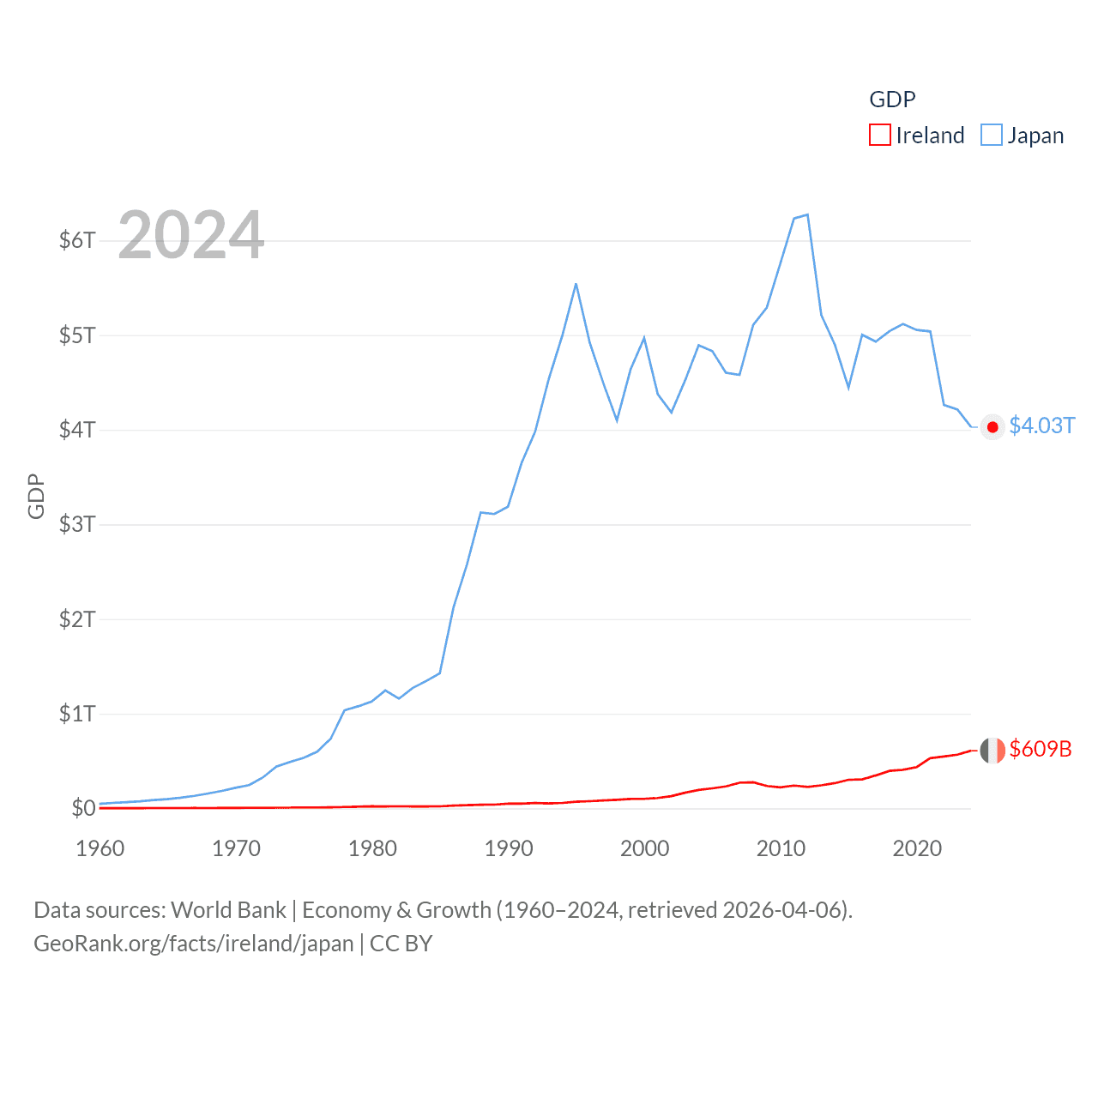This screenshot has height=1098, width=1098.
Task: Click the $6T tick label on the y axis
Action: pos(77,240)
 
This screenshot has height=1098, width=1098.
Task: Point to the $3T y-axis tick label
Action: pos(77,524)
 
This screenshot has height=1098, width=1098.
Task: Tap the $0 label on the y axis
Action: pos(83,808)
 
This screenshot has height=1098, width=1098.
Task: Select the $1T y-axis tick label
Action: pos(77,714)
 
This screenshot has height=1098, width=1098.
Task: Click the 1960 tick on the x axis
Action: pos(100,848)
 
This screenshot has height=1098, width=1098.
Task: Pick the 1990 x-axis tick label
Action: pos(509,848)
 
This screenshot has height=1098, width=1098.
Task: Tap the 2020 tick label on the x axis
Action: pos(917,848)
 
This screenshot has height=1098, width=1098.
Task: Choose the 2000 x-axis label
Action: pos(644,848)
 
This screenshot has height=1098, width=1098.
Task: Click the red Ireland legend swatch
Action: pos(880,136)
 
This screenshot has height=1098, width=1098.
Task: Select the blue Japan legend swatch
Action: pos(992,136)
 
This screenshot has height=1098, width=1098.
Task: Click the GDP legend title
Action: pos(892,100)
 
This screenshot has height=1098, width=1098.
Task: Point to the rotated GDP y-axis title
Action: pos(36,496)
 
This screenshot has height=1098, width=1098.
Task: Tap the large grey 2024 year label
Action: pos(191,235)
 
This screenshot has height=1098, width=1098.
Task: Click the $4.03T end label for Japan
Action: pos(1041,426)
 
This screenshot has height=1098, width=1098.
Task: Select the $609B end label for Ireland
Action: pos(1041,749)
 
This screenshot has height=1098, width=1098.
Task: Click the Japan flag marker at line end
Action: pos(992,427)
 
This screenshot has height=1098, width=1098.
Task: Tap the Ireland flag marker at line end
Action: pos(992,751)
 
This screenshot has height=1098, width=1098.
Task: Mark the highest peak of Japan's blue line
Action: pos(807,215)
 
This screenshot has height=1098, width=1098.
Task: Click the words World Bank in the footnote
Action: pos(229,910)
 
